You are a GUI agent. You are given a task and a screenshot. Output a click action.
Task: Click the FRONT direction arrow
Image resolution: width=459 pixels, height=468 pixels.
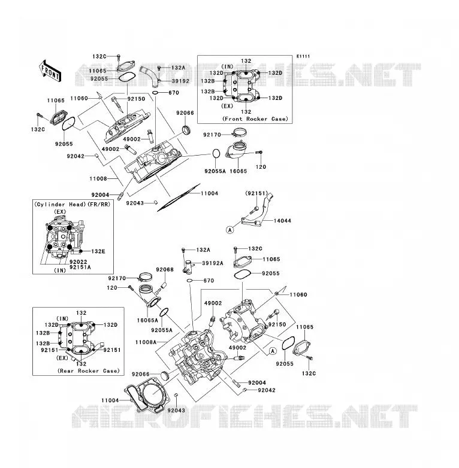(x=50, y=71)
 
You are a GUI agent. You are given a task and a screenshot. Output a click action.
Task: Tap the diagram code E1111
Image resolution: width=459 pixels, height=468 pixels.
(x=303, y=56)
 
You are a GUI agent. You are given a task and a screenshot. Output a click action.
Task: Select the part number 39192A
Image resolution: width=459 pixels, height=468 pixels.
(x=213, y=263)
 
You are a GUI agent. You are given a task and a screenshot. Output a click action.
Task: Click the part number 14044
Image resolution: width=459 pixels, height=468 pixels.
(x=282, y=221)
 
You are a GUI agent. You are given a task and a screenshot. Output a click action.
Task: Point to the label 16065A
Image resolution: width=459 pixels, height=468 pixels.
(x=147, y=320)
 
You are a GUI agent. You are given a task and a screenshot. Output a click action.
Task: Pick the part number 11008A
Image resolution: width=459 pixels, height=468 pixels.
(x=146, y=342)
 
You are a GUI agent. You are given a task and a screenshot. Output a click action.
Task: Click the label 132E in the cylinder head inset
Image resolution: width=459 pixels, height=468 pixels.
(x=98, y=251)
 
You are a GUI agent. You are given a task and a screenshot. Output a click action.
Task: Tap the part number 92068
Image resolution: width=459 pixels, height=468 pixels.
(x=165, y=269)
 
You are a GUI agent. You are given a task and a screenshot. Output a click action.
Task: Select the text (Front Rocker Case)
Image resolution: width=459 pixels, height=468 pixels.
(x=255, y=118)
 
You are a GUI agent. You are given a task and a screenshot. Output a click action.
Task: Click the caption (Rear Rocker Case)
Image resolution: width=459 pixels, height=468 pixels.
(x=89, y=370)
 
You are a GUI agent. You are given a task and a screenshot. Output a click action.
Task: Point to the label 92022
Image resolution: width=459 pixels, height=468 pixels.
(x=78, y=262)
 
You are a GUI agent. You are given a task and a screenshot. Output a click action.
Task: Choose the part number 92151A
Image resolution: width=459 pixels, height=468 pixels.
(x=80, y=267)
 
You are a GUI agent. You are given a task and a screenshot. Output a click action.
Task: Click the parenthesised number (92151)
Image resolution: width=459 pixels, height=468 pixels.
(x=256, y=193)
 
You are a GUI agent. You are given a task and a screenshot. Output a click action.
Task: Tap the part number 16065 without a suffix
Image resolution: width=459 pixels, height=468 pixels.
(x=238, y=171)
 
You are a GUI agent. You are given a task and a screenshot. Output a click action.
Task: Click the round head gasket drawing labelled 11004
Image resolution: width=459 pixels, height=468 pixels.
(x=147, y=394)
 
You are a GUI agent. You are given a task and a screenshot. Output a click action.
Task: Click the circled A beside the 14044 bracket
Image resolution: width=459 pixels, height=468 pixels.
(x=230, y=230)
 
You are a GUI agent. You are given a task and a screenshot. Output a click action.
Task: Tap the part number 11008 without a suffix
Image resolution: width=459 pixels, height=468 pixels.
(x=98, y=178)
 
